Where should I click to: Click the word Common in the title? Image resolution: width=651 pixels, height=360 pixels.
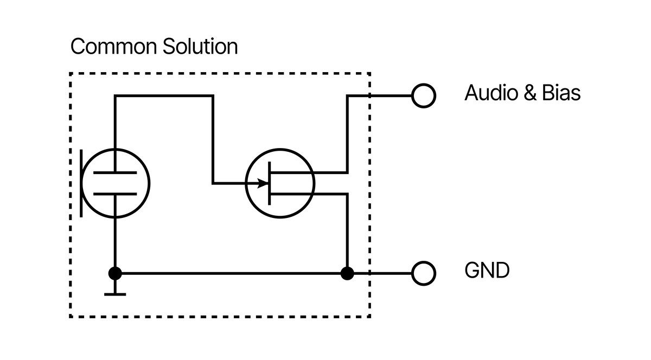[x=112, y=47]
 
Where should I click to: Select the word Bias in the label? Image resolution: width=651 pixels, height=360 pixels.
[x=561, y=93]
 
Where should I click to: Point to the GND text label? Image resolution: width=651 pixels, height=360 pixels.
[x=487, y=270]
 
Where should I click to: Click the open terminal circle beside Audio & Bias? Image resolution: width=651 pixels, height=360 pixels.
[x=424, y=96]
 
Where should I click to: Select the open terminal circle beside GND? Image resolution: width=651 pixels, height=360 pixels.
[x=424, y=273]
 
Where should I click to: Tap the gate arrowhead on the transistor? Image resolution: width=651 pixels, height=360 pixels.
[x=264, y=183]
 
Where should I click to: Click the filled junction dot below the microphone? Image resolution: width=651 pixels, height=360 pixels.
[x=115, y=273]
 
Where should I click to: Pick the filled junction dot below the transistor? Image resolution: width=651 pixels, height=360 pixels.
[x=347, y=273]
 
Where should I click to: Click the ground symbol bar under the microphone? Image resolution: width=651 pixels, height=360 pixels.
[x=115, y=294]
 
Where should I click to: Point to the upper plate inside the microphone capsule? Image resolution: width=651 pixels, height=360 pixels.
[x=115, y=173]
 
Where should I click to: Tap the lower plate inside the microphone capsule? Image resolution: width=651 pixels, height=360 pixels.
[x=115, y=193]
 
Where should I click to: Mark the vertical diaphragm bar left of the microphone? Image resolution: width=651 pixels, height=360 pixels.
[x=81, y=183]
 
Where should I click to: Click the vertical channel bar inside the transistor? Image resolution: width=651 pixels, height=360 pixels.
[x=270, y=183]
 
